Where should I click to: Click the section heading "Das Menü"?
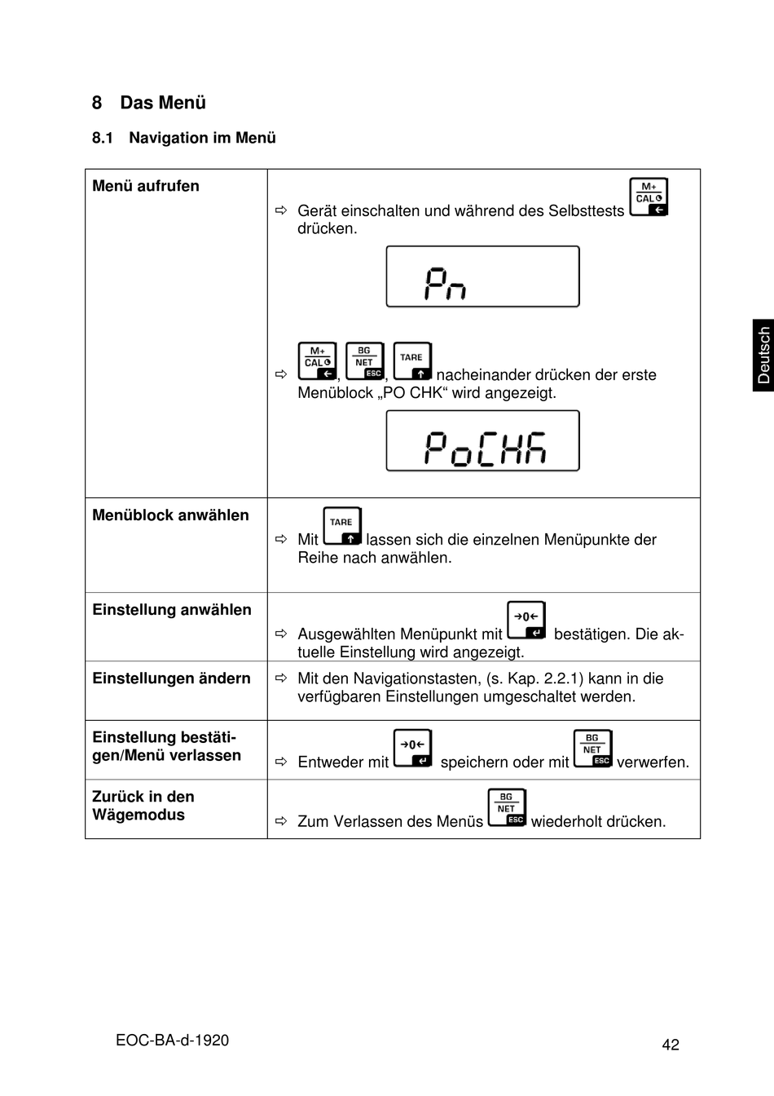(162, 103)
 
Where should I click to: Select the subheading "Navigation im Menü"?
(202, 138)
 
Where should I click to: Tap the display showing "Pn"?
(482, 276)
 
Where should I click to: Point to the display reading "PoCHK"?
(482, 441)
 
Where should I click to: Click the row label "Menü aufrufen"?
(146, 186)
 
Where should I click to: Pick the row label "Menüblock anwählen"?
(170, 515)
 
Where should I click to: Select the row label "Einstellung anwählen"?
(172, 610)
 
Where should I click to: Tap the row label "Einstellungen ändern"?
(171, 678)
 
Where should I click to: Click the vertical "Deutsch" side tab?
(763, 356)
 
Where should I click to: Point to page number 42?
(671, 1045)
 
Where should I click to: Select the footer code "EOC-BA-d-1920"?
(172, 1040)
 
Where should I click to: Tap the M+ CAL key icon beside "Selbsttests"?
(649, 197)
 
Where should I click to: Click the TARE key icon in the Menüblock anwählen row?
(342, 526)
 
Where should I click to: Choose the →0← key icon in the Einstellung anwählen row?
(526, 621)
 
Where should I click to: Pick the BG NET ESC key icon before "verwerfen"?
(592, 749)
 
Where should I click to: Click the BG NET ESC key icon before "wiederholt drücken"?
(507, 808)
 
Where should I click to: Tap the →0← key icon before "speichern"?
(413, 749)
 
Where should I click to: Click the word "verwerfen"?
(653, 762)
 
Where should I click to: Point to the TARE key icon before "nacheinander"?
(412, 361)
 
